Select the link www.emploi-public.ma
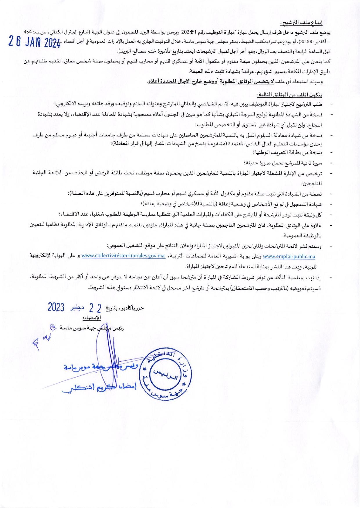tap(289, 256)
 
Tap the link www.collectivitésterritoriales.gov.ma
tap(123, 256)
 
